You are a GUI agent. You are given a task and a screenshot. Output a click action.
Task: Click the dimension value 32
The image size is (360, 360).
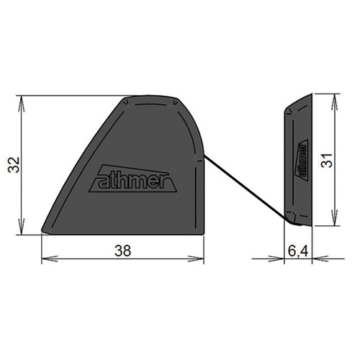[14, 165]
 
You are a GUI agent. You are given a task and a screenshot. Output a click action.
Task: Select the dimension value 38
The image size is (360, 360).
[122, 251]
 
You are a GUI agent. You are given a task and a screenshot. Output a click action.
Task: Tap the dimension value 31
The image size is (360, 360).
[327, 160]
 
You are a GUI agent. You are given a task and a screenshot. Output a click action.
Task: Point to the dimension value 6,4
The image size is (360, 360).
[297, 251]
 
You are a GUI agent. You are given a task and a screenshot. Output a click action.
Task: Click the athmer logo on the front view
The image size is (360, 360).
[133, 179]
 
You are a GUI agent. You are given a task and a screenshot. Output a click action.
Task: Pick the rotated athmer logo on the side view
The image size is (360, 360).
[302, 160]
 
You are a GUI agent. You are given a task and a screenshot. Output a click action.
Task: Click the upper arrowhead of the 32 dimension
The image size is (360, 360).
[22, 104]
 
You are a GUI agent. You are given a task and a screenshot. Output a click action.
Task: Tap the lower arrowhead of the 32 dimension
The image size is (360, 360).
[22, 227]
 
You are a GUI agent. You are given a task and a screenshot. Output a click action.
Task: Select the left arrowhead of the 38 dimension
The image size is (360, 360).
[50, 258]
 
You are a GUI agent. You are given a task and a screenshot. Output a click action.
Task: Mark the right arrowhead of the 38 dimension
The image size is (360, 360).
[196, 258]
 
